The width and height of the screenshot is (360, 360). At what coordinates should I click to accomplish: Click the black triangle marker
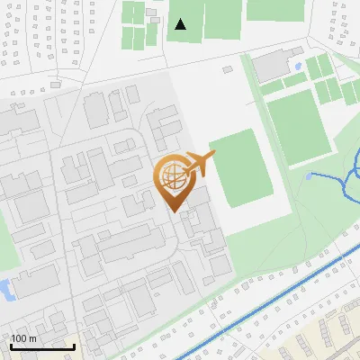181,24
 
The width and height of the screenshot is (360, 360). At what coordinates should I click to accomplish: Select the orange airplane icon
201,165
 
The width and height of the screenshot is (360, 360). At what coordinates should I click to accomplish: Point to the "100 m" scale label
23,338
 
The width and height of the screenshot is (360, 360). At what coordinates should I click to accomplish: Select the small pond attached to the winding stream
311,174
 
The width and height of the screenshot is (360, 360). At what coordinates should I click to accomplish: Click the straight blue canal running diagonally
270,298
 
